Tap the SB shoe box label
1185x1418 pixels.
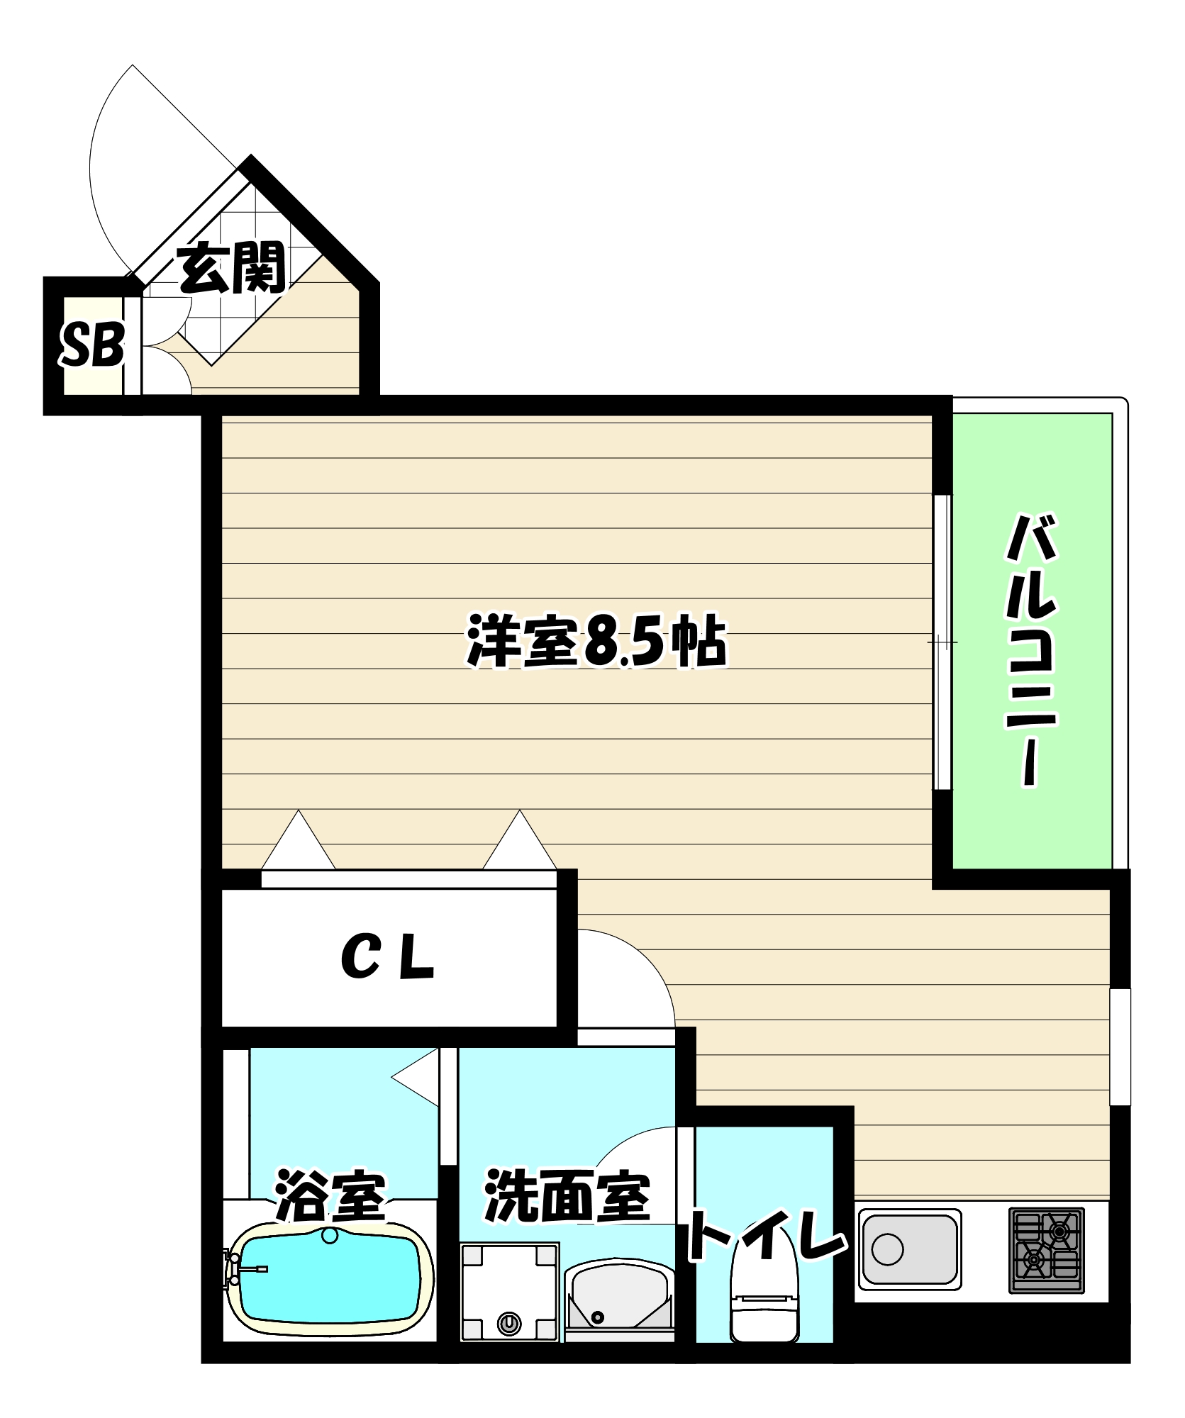click(93, 345)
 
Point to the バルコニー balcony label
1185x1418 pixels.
click(1032, 651)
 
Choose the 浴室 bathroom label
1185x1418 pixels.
click(330, 1197)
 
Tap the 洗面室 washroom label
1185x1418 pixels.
click(567, 1198)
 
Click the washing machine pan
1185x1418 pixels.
click(509, 1291)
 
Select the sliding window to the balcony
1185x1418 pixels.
click(942, 642)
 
